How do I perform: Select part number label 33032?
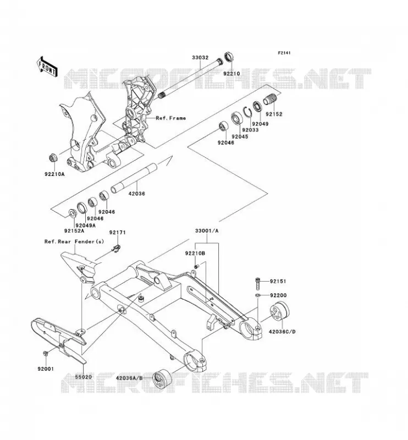click(200, 58)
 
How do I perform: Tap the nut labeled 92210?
click(229, 57)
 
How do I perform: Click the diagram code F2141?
click(284, 53)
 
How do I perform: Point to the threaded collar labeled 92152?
click(270, 100)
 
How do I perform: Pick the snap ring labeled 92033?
click(247, 113)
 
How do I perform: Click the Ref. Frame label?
click(170, 118)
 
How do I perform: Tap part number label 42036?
click(137, 194)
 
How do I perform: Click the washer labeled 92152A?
click(72, 214)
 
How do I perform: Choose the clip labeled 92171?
click(116, 248)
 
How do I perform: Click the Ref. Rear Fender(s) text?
click(74, 241)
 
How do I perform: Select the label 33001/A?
click(207, 231)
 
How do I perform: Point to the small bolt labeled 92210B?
click(196, 266)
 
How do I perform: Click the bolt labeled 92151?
click(258, 284)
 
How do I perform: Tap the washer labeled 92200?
click(257, 295)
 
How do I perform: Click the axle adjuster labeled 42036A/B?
click(162, 380)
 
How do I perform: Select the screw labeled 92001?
click(45, 353)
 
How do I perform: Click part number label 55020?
click(84, 377)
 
